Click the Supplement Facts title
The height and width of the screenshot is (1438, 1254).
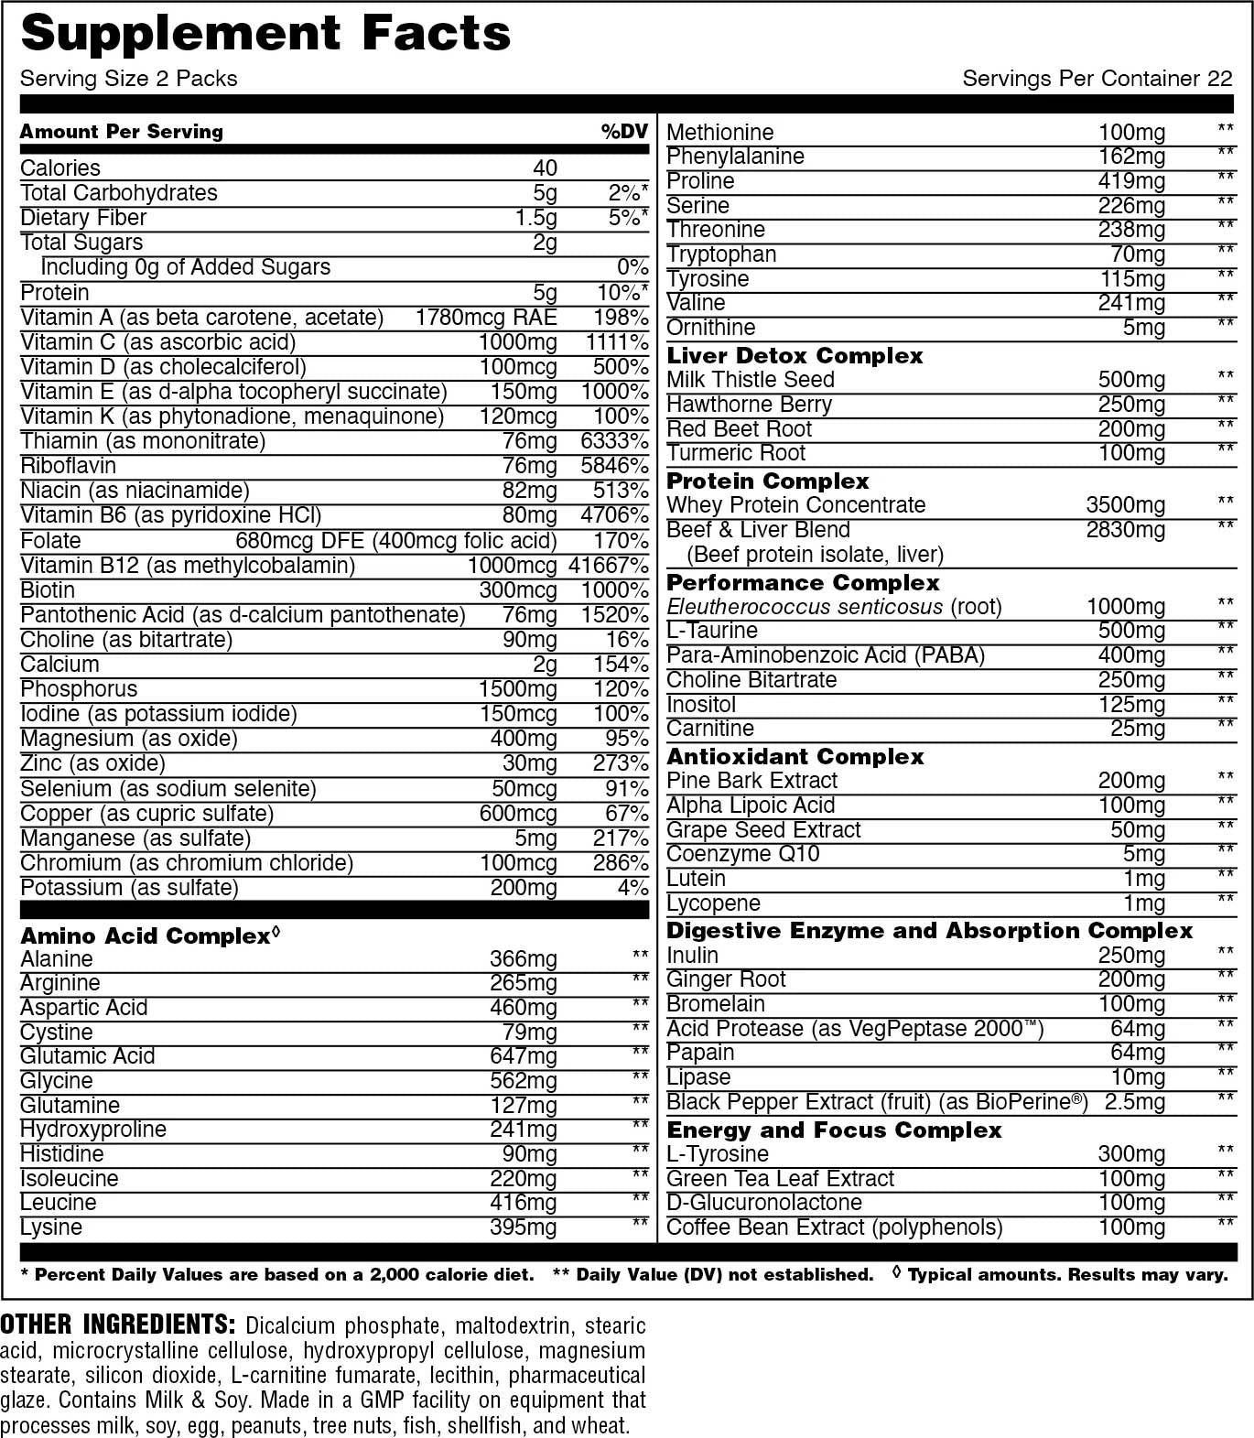coord(265,34)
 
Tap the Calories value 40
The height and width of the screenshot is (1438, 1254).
coord(545,168)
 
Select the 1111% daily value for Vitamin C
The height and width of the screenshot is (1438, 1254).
coord(617,342)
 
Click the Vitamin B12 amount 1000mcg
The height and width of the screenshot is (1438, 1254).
coord(512,566)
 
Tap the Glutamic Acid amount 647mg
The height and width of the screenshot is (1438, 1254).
coord(523,1056)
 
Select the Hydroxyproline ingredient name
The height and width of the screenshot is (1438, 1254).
coord(93,1130)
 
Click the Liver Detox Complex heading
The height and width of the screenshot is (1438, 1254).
coord(795,356)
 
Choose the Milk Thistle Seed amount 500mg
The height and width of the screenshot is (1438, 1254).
coord(1131,380)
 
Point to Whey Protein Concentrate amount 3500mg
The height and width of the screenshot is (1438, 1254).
coord(1125,505)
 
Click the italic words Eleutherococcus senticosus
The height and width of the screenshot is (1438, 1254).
coord(805,607)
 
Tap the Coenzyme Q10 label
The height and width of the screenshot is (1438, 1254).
coord(742,854)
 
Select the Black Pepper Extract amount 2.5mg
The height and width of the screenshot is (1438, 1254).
coord(1135,1102)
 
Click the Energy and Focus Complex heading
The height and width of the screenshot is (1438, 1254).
coord(834,1130)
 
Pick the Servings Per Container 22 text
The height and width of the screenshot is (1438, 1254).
coord(1097,79)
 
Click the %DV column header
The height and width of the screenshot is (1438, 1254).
coord(624,132)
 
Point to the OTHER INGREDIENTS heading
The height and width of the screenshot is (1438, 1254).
coord(118,1324)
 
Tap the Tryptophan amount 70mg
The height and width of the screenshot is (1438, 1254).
coord(1138,254)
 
